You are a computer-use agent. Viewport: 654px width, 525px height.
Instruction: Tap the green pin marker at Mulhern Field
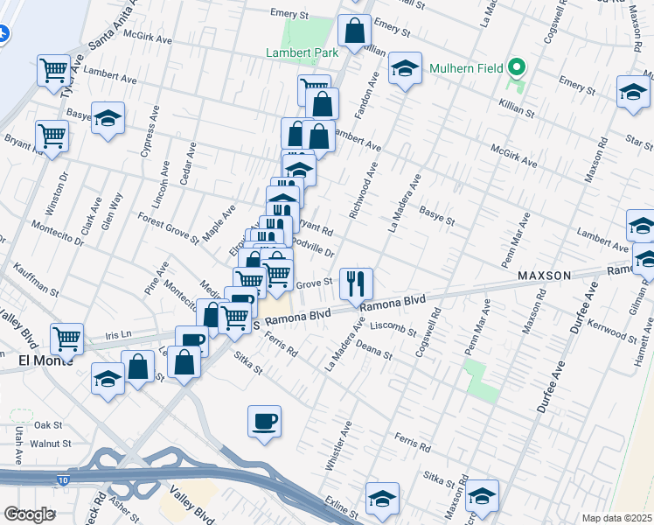click(x=517, y=66)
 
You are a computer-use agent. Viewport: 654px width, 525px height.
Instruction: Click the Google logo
click(x=29, y=514)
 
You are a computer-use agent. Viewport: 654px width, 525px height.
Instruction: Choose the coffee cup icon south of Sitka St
click(x=264, y=421)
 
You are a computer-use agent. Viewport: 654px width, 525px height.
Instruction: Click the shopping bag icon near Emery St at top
click(x=354, y=31)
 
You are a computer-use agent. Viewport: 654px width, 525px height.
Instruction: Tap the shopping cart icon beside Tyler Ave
click(x=54, y=68)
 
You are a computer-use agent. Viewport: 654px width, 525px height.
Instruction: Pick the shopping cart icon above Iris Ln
click(x=66, y=337)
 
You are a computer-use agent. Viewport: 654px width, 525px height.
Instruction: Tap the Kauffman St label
click(x=36, y=283)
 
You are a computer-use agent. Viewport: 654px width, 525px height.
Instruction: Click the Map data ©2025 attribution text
click(x=616, y=518)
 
